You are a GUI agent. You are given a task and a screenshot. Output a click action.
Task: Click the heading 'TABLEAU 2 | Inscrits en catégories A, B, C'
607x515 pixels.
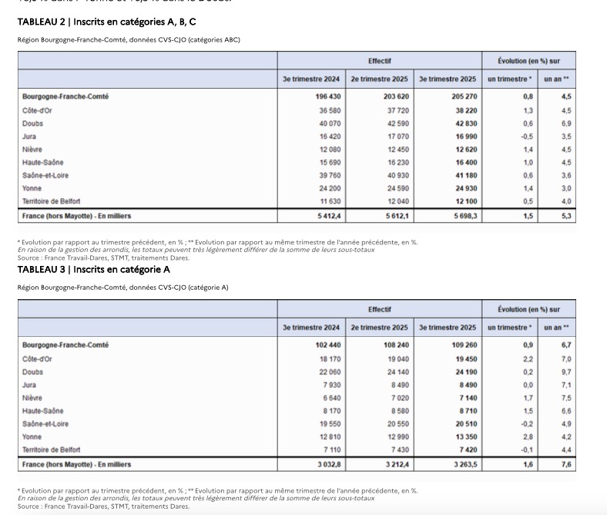tap(106, 22)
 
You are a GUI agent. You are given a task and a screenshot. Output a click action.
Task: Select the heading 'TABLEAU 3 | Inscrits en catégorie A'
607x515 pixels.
tap(93, 270)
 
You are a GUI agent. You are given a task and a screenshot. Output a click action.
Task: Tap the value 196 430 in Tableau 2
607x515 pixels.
tap(327, 97)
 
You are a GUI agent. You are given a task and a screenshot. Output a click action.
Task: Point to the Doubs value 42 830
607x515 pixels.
tap(464, 123)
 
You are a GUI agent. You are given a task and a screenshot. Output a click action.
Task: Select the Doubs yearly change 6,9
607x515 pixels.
tap(565, 123)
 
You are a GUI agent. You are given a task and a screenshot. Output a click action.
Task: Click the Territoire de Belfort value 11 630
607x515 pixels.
tap(328, 201)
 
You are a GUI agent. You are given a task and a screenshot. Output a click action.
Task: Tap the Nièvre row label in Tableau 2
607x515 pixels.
tap(32, 150)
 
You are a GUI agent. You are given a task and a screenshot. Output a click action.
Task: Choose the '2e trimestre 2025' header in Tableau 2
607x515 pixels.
tap(379, 79)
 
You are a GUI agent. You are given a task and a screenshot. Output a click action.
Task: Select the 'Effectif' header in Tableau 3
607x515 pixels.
tap(379, 309)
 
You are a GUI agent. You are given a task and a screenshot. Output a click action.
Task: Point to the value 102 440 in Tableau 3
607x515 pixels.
tap(327, 345)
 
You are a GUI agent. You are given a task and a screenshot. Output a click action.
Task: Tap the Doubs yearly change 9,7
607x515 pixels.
tap(565, 372)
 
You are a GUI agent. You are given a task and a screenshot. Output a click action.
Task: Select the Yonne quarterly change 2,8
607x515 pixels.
tap(528, 437)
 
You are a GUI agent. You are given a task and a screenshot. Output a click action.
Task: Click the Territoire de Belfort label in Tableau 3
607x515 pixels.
tap(51, 449)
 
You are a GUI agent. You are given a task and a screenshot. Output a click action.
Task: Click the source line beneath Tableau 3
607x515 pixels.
tap(103, 507)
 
